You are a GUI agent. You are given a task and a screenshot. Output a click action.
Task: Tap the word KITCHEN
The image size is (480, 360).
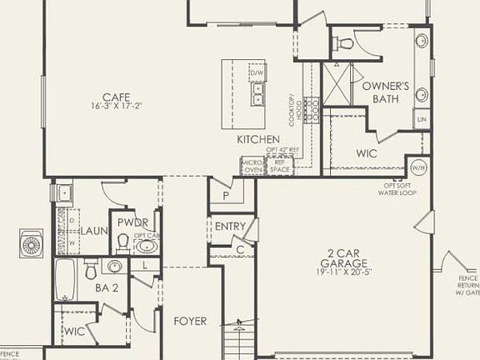257,139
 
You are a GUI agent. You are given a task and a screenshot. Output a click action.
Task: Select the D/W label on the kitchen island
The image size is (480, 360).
256,72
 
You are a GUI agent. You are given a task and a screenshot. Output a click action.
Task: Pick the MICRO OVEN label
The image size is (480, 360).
252,165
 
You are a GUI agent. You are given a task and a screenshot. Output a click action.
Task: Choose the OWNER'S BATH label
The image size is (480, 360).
385,91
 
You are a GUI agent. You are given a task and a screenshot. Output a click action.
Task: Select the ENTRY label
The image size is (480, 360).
229,227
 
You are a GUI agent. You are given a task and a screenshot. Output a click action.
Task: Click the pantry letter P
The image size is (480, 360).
225,197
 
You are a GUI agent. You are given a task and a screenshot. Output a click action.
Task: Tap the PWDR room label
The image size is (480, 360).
132,222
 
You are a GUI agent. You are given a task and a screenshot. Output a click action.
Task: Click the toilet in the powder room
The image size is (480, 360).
122,242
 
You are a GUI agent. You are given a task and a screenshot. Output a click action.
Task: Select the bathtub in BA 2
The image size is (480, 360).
66,279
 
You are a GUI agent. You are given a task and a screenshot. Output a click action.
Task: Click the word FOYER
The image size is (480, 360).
190,321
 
